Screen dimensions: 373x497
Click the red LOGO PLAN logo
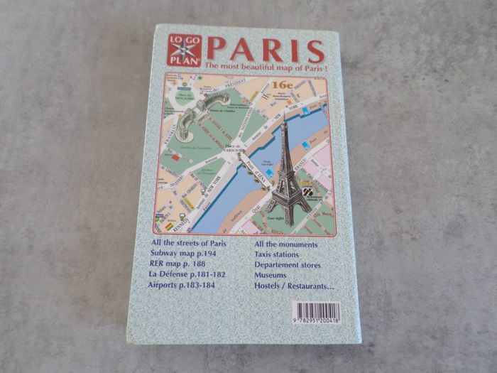(x=185, y=50)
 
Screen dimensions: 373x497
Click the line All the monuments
(x=285, y=245)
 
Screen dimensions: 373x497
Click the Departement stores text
(x=288, y=265)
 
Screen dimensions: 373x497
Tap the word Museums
(x=271, y=275)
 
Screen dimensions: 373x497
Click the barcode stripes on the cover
(x=316, y=310)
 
